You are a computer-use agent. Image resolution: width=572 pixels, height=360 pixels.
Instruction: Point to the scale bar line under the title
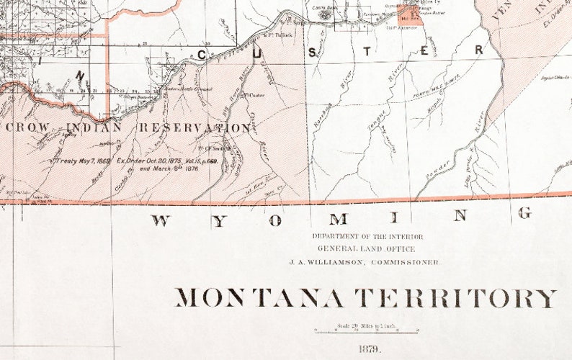coord(367,332)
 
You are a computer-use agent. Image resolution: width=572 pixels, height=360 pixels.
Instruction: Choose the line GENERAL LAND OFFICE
coord(367,249)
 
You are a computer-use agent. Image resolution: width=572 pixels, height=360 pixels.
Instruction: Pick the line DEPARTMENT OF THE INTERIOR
coord(367,236)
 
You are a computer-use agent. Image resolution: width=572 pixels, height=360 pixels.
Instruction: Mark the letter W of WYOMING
coord(161,221)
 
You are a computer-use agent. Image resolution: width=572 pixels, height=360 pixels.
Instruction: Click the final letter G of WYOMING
coord(525,213)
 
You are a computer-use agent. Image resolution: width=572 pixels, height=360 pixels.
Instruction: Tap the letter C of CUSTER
coord(202,54)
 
